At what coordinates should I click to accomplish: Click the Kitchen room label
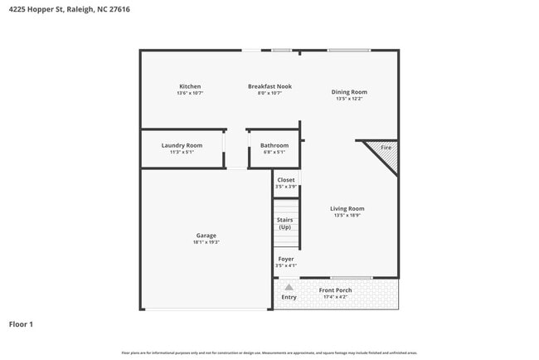point(190,86)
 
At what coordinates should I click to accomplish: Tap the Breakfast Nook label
point(269,86)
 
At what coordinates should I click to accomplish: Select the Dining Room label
point(349,92)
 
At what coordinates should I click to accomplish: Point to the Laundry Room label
point(182,145)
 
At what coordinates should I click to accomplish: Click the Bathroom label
point(274,145)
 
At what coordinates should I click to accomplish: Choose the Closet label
point(285,180)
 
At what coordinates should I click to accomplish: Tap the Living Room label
point(347,208)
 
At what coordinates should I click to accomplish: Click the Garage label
point(206,236)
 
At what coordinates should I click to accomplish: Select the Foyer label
point(285,259)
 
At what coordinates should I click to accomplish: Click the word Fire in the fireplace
point(386,148)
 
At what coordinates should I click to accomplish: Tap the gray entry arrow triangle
point(289,287)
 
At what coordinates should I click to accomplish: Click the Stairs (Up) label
point(285,223)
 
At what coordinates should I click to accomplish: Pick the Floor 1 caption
point(21,324)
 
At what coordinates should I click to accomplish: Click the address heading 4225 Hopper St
point(69,9)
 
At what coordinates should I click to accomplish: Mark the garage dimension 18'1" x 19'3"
point(206,242)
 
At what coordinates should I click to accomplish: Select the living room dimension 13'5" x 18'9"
point(347,216)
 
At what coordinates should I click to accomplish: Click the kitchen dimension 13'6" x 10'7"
point(190,93)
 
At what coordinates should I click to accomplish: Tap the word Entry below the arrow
point(289,297)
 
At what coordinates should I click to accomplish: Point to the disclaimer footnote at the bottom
point(269,353)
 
